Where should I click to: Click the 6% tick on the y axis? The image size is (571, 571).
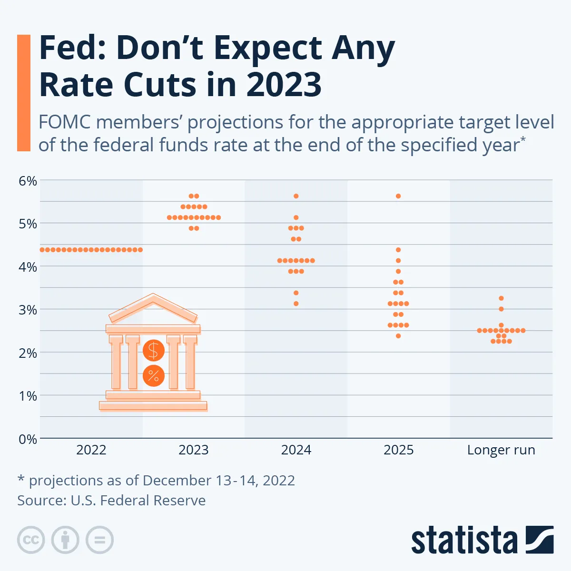tap(28, 181)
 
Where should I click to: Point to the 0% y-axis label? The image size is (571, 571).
tap(28, 439)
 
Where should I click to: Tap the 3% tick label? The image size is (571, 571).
tap(28, 310)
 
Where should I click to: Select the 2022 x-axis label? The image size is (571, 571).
tap(91, 450)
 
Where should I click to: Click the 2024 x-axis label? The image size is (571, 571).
tap(296, 450)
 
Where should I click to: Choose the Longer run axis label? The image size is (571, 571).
tap(501, 450)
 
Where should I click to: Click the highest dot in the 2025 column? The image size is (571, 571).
tap(398, 196)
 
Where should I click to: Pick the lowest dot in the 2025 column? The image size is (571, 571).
tap(398, 336)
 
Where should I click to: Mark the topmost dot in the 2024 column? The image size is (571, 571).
tap(296, 196)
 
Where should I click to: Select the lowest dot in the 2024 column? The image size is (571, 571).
tap(296, 304)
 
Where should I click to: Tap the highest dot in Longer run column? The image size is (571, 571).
tap(501, 298)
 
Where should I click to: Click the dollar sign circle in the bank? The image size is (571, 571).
tap(153, 351)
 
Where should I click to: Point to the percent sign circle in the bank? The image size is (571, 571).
tap(153, 376)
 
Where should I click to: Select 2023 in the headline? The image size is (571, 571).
tap(284, 85)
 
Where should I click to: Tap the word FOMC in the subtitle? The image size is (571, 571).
tap(65, 122)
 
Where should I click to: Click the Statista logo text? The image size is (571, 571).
tap(464, 541)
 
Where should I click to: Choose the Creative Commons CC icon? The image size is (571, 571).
tap(31, 540)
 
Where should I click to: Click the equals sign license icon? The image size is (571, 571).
tap(99, 540)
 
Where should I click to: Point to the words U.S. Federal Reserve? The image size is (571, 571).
tap(138, 501)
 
